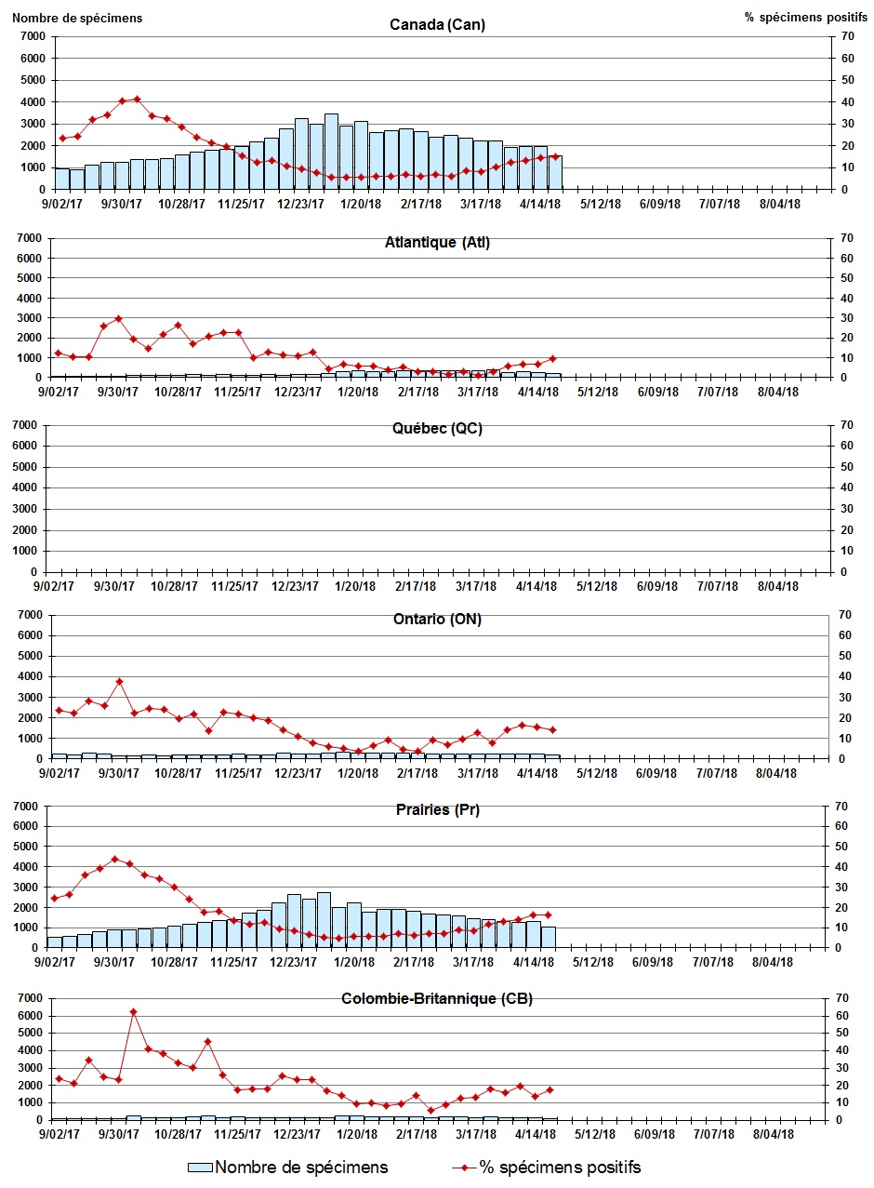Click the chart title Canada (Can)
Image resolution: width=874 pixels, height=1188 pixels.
click(437, 25)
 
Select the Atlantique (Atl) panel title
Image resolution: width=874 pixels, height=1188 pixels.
click(437, 243)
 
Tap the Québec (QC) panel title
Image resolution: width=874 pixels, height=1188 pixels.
click(437, 429)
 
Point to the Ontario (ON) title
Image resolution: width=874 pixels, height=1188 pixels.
click(437, 620)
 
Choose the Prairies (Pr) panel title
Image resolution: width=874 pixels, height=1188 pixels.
click(437, 809)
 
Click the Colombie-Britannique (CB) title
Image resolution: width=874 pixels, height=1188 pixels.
click(437, 999)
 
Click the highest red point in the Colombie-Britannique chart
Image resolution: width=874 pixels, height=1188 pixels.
click(133, 1011)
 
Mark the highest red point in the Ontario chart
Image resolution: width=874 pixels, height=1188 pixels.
click(119, 681)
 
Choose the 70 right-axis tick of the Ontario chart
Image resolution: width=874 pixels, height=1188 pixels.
click(843, 615)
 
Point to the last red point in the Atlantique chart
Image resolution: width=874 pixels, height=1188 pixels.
click(552, 358)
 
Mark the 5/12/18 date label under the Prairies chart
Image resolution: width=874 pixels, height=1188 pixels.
click(600, 962)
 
